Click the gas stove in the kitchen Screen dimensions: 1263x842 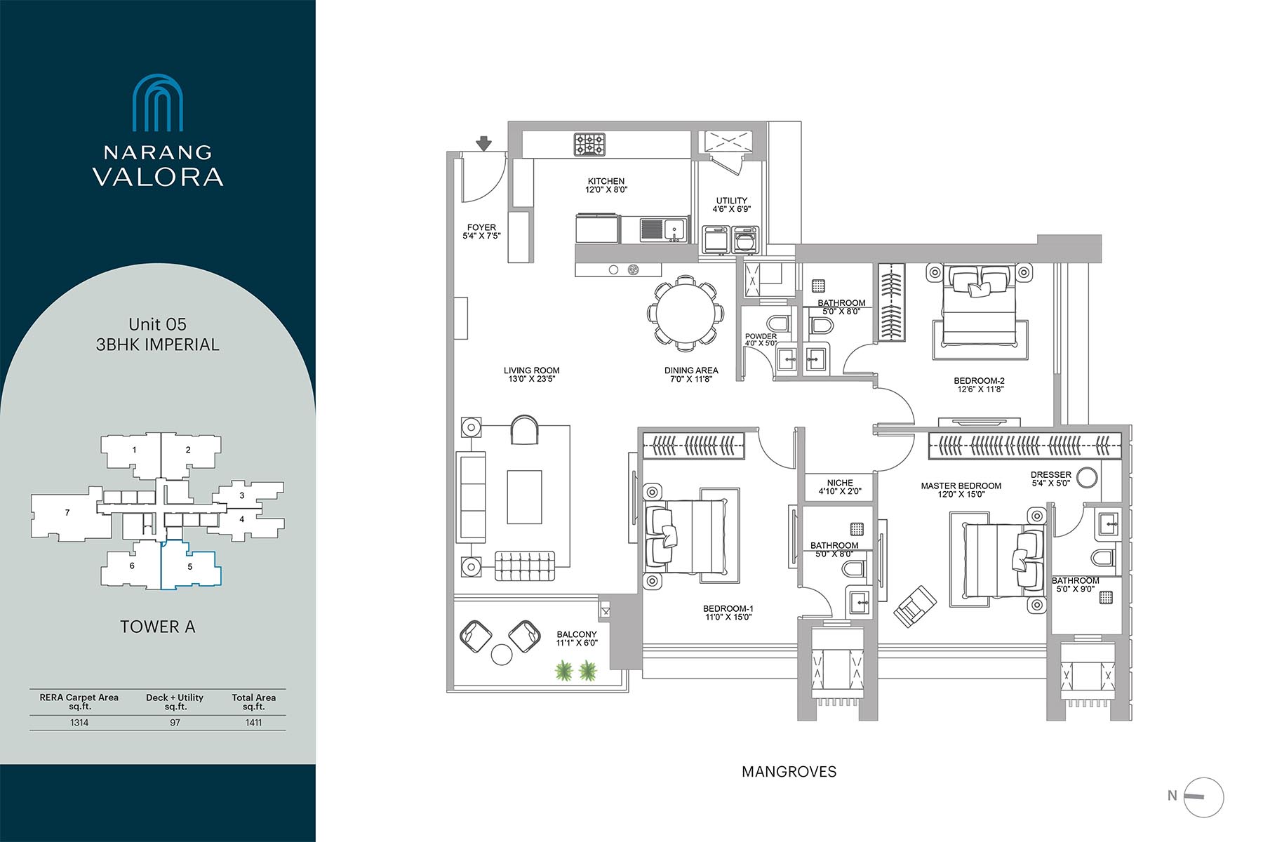pyautogui.click(x=589, y=145)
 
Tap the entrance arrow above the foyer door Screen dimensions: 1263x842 pyautogui.click(x=483, y=144)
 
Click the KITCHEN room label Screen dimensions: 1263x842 pyautogui.click(x=606, y=181)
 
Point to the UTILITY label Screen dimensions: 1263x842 pyautogui.click(x=732, y=201)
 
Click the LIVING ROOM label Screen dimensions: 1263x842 pyautogui.click(x=532, y=370)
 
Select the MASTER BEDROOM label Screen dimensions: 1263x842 pyautogui.click(x=961, y=486)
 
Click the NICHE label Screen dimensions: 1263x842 pyautogui.click(x=840, y=483)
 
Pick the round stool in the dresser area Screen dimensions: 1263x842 pyautogui.click(x=1086, y=477)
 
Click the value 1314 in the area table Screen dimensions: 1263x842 pyautogui.click(x=79, y=723)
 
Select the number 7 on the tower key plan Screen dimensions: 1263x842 pyautogui.click(x=67, y=512)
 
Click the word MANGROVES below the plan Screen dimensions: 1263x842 pyautogui.click(x=789, y=772)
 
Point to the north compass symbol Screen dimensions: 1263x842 pyautogui.click(x=1203, y=798)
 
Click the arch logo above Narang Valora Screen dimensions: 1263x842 pyautogui.click(x=158, y=103)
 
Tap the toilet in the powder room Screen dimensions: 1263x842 pyautogui.click(x=777, y=323)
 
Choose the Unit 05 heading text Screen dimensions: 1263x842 pyautogui.click(x=157, y=324)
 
